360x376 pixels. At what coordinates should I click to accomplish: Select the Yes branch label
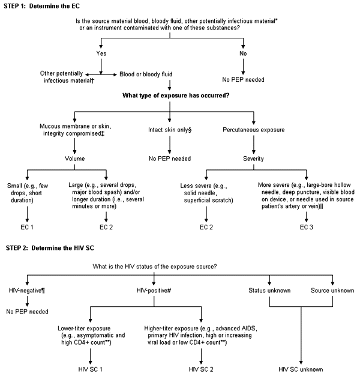101,53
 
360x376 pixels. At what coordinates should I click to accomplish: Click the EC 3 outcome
302,228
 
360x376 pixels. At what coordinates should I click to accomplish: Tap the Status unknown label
269,291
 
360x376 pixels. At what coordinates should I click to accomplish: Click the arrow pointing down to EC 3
302,214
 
